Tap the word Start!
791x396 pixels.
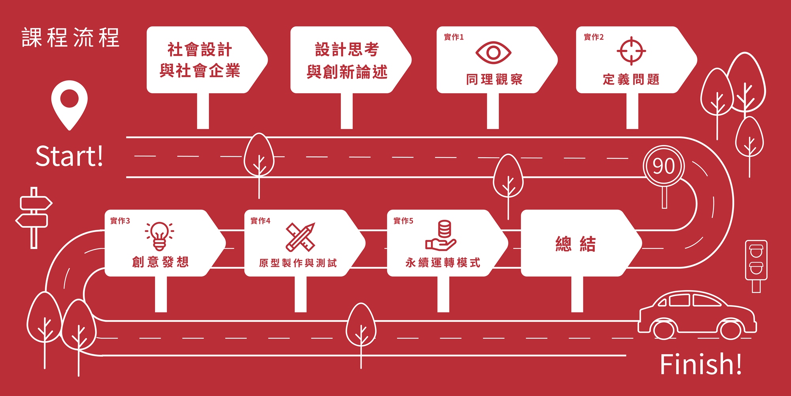pos(69,156)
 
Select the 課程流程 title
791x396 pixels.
pos(70,38)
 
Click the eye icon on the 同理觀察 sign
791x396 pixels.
pos(493,52)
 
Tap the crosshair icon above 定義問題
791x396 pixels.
pos(631,51)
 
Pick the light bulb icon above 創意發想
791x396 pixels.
pos(159,236)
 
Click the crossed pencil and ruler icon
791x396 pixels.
pos(301,237)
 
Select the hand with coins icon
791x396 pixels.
pos(441,236)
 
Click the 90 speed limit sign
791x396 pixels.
pos(664,166)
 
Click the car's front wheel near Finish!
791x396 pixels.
pos(730,329)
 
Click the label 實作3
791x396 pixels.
pos(120,221)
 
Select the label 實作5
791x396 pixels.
pos(403,221)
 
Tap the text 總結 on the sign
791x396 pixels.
pos(575,244)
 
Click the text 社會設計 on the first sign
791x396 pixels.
pos(200,50)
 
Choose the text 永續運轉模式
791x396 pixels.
pos(443,262)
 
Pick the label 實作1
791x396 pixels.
pos(454,37)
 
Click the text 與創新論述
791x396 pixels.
pos(347,72)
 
